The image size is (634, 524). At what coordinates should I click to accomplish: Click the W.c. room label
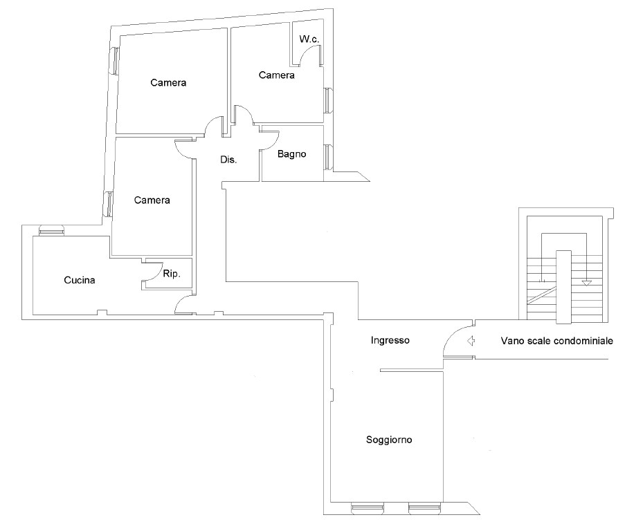click(x=309, y=39)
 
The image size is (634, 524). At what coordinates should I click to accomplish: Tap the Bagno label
click(x=291, y=153)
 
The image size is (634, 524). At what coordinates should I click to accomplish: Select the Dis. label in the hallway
click(x=228, y=160)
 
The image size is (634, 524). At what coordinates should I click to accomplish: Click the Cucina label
click(x=79, y=280)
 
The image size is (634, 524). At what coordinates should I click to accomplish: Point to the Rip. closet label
click(x=172, y=274)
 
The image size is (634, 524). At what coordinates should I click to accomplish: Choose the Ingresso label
click(x=390, y=340)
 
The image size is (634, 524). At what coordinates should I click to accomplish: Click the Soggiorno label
click(x=389, y=440)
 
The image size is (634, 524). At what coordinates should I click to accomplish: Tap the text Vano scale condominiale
click(x=556, y=341)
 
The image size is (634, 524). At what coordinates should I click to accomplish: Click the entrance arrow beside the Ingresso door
click(x=471, y=341)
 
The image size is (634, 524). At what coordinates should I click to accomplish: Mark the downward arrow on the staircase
click(x=586, y=283)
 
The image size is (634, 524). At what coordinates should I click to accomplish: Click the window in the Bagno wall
click(x=328, y=157)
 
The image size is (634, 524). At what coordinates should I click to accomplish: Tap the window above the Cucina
click(x=51, y=230)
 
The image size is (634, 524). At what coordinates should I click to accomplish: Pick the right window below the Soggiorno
click(x=423, y=507)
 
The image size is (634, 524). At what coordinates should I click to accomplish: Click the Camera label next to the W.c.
click(x=277, y=75)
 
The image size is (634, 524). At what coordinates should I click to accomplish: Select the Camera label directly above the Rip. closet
click(x=152, y=200)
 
